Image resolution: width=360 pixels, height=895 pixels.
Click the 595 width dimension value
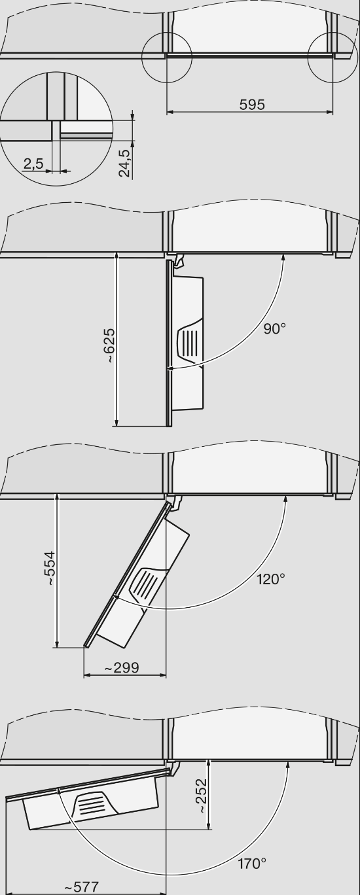[252, 105]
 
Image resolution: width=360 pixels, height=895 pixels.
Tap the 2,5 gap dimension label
[33, 164]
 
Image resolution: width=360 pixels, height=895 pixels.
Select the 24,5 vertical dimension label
[124, 163]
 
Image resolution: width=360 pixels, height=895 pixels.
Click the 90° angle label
[274, 329]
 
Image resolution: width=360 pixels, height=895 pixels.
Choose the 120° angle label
[271, 579]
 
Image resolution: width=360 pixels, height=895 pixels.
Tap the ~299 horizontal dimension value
[122, 668]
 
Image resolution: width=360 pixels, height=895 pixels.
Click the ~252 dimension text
[202, 795]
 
